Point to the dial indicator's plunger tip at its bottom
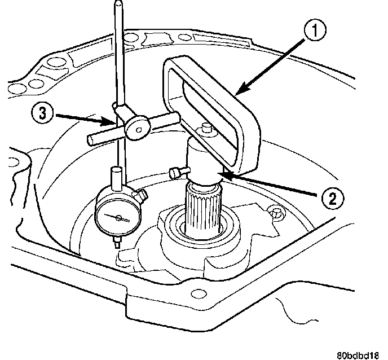point(117,244)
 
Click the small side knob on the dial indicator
point(144,195)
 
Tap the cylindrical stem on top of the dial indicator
point(116,177)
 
